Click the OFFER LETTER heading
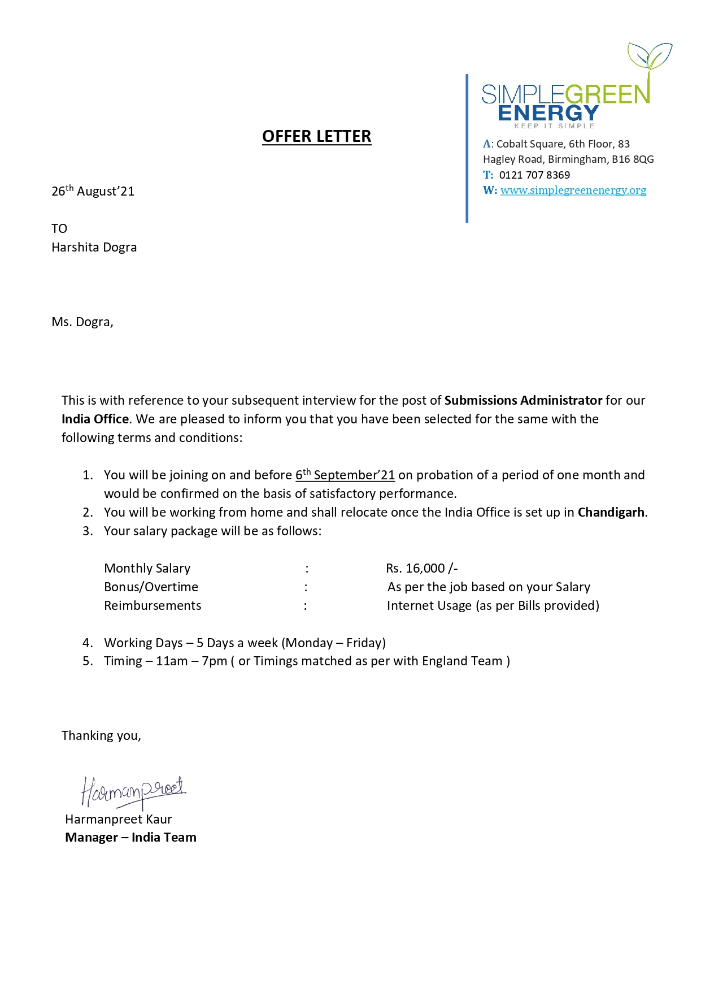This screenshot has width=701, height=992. tap(316, 137)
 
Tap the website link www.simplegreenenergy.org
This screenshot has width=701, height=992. tap(573, 190)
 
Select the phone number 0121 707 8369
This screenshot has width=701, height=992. tap(534, 175)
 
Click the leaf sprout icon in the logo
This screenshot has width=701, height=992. tap(650, 57)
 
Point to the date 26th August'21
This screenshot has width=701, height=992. tap(93, 191)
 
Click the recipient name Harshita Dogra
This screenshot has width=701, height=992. tap(94, 248)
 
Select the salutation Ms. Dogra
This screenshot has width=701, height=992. tap(82, 322)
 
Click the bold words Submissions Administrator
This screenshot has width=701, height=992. tap(523, 401)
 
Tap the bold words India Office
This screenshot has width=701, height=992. tap(95, 419)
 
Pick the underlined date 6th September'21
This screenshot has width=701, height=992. tap(345, 475)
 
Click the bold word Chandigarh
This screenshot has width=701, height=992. tap(611, 513)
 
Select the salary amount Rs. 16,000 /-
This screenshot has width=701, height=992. tap(421, 569)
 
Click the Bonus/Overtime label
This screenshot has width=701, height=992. tap(151, 587)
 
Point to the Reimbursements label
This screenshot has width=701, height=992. tap(153, 606)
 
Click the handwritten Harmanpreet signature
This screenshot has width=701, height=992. tap(133, 791)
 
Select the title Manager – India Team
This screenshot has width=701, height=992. tap(130, 838)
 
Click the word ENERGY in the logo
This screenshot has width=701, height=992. tap(547, 113)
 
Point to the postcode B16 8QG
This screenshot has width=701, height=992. tap(633, 159)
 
